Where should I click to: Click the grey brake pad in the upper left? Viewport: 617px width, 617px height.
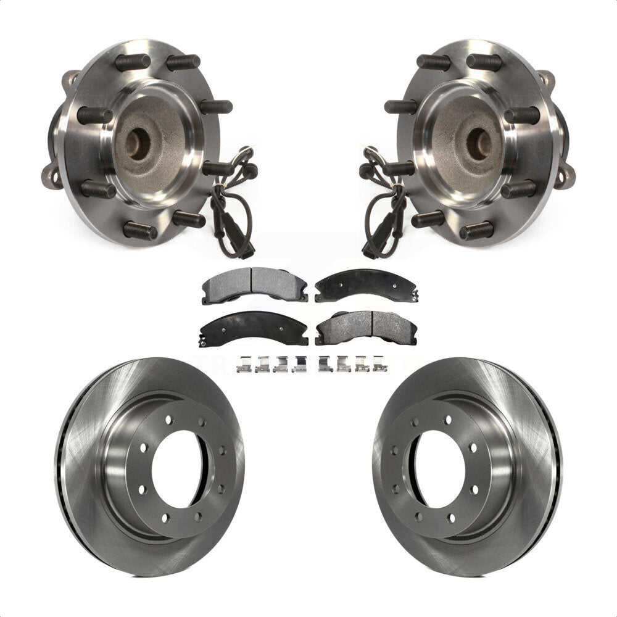tap(254, 284)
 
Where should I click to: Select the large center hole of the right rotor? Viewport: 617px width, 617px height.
tap(439, 469)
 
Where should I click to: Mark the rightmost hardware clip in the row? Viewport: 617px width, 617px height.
tap(380, 365)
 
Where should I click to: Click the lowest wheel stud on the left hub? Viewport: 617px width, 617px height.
tap(141, 231)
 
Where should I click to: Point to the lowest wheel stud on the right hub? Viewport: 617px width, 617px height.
tap(476, 231)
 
